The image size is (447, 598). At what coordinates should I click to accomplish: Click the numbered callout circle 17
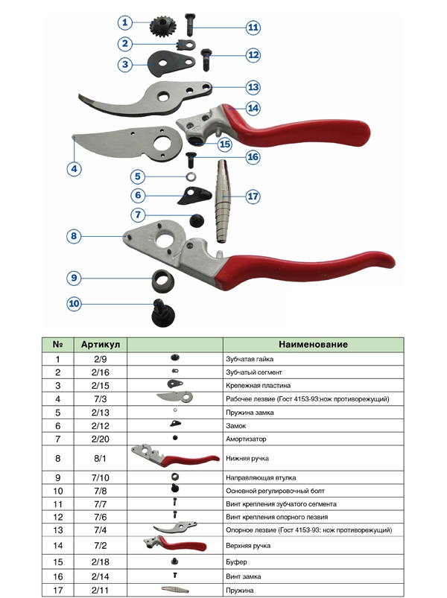[x=253, y=197]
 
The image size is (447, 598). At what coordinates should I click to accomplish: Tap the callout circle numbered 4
[x=74, y=168]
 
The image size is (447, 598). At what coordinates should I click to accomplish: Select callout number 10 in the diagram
[x=74, y=304]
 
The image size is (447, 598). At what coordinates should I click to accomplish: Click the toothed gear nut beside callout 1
[x=159, y=26]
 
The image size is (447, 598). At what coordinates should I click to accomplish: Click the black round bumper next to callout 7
[x=197, y=220]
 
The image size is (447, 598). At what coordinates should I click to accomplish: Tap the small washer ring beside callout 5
[x=191, y=177]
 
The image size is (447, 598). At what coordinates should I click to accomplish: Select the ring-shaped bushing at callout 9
[x=163, y=280]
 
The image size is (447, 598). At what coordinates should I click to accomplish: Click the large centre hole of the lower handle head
[x=165, y=240]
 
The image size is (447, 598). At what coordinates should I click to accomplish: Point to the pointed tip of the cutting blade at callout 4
[x=74, y=136]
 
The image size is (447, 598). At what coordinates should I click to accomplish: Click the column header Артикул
[x=101, y=344]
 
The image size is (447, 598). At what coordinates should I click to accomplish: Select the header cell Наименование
[x=313, y=344]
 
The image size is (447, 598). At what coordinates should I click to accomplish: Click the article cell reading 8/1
[x=100, y=459]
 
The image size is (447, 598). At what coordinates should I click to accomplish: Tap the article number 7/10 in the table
[x=101, y=477]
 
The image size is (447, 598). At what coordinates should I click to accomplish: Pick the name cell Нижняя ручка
[x=247, y=459]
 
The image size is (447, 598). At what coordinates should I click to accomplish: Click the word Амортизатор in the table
[x=246, y=439]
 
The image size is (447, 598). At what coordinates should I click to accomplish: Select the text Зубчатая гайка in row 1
[x=250, y=359]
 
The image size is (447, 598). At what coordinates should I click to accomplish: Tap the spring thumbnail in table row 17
[x=175, y=590]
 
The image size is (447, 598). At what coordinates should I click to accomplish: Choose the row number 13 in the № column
[x=57, y=530]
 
